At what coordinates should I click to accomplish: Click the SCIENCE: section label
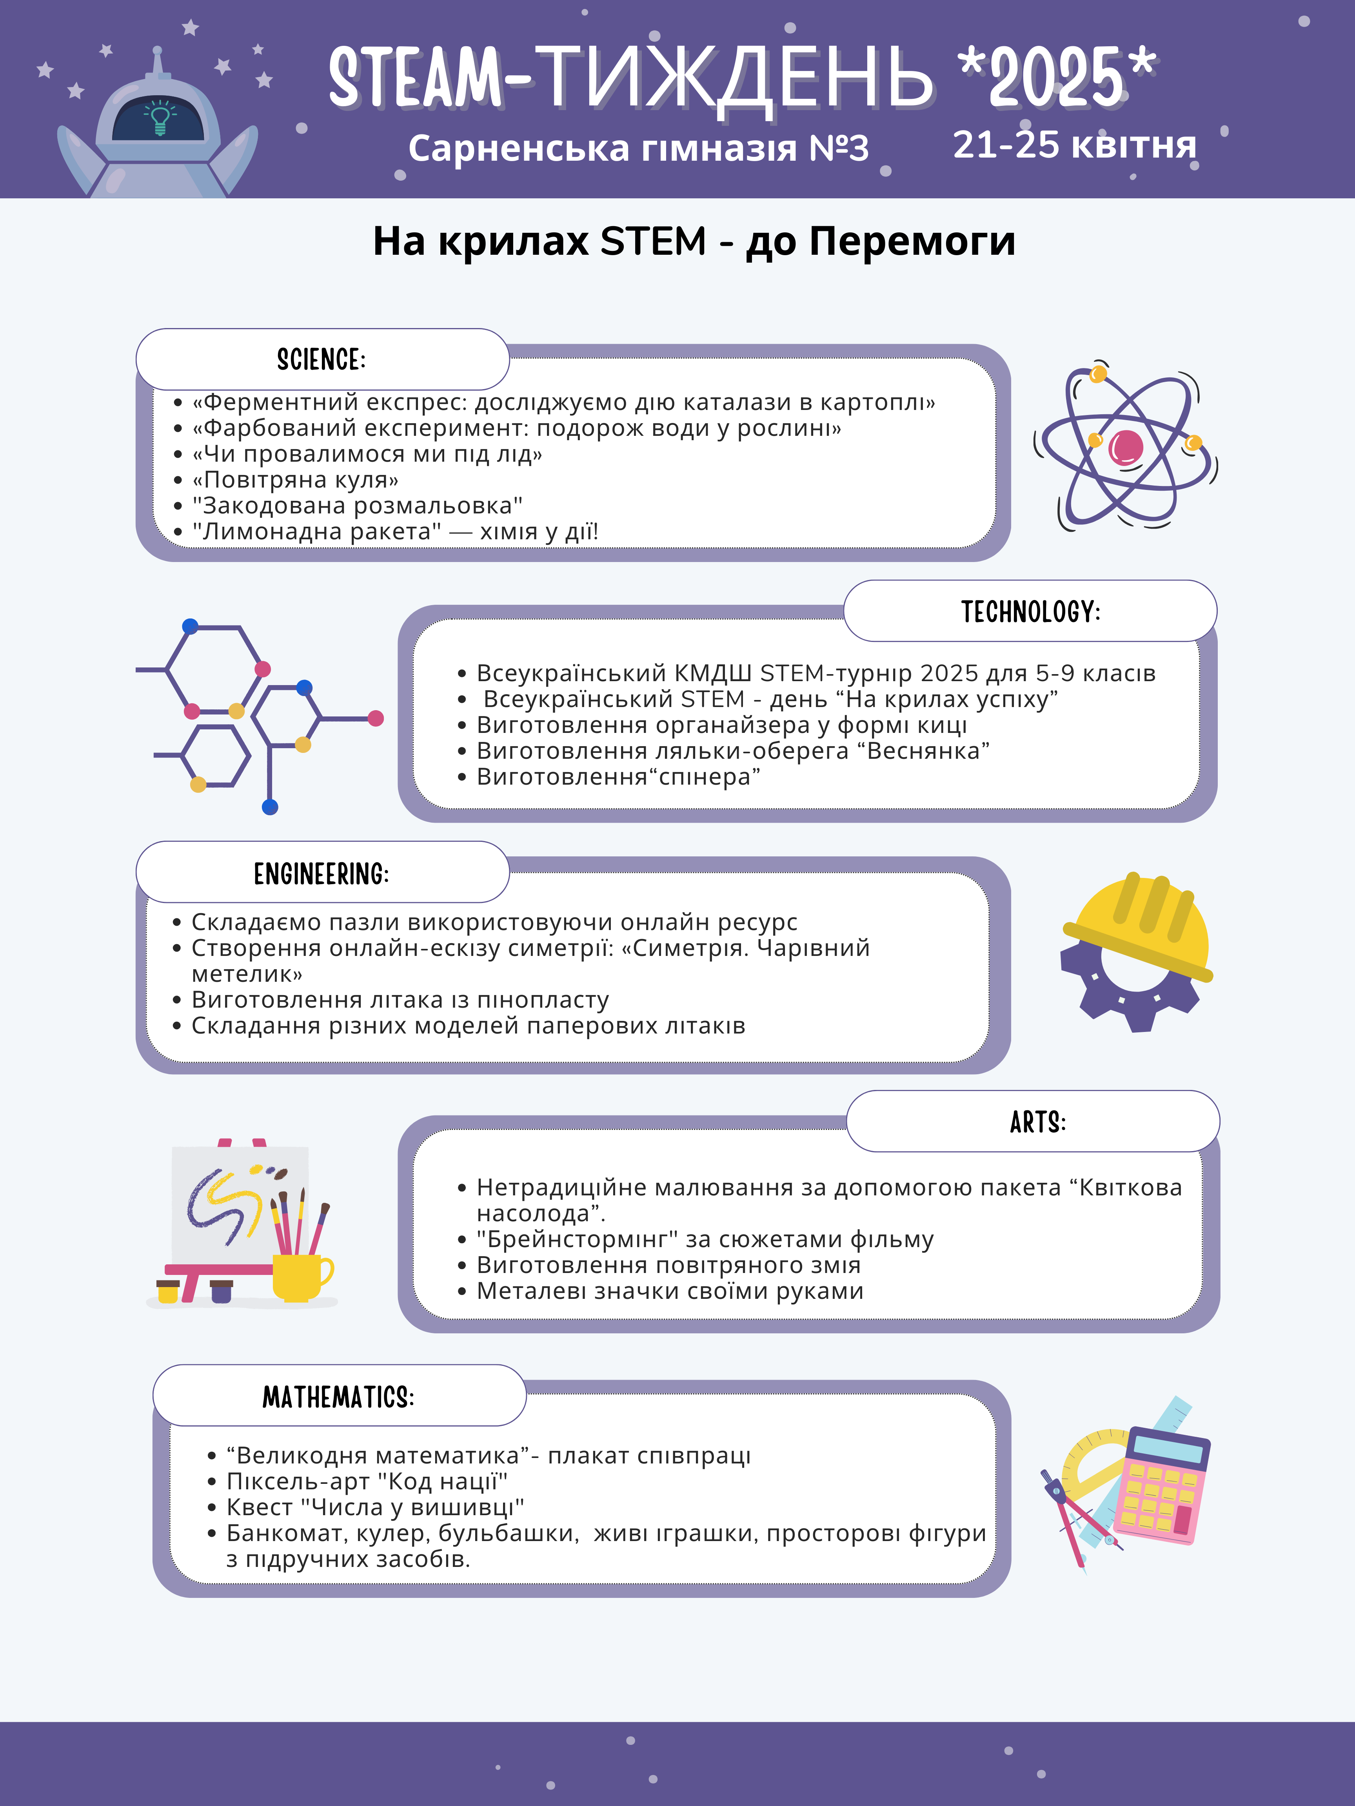322,359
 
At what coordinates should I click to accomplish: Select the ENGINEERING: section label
322,874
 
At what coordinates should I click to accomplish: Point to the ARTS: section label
1037,1122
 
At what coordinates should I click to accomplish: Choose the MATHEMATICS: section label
338,1397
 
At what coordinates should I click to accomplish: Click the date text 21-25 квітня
1074,145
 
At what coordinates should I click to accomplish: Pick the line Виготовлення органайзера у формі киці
721,725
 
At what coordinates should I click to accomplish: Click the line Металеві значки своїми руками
670,1291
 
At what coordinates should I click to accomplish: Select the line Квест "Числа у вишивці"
375,1507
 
